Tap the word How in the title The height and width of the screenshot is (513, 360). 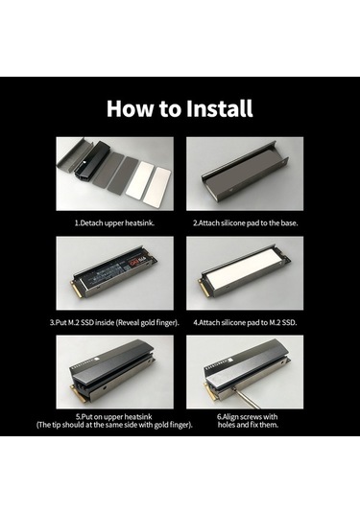click(130, 108)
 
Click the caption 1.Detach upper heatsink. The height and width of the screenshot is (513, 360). click(114, 223)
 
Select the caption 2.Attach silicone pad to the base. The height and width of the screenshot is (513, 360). click(246, 223)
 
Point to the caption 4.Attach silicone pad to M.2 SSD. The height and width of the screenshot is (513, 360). click(245, 322)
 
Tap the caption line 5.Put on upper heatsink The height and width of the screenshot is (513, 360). click(114, 417)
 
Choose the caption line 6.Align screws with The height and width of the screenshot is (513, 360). click(248, 417)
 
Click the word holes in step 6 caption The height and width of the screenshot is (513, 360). click(227, 425)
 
